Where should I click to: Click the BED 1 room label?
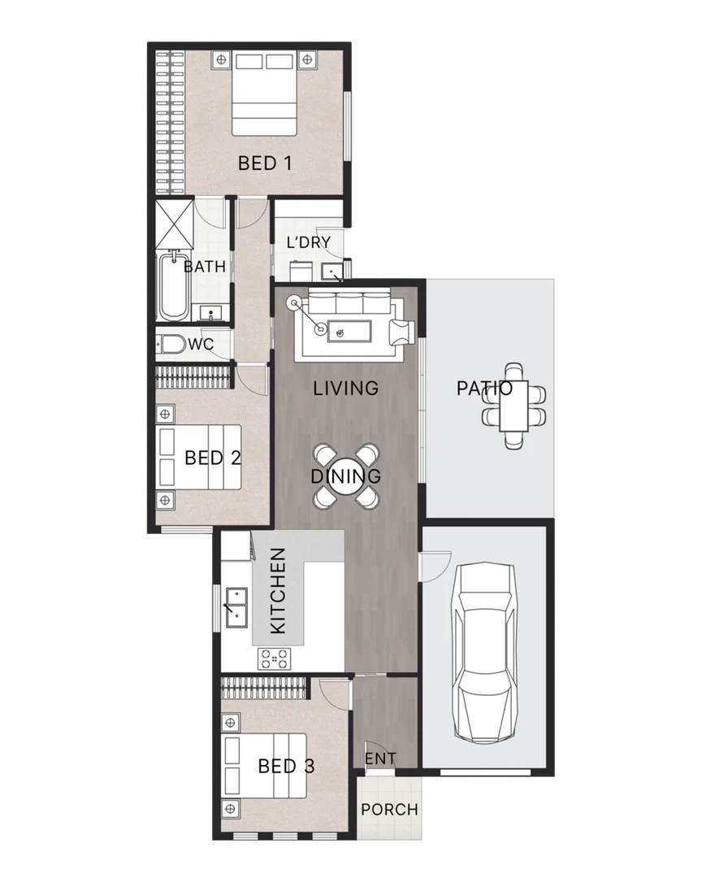coord(265,163)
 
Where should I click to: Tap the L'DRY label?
coord(309,242)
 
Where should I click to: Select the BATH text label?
coord(204,267)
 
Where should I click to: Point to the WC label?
coord(201,345)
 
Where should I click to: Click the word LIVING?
coord(346,389)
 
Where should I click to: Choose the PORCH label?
coord(389,810)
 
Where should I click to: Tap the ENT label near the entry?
coord(380,758)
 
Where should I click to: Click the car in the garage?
coord(486,650)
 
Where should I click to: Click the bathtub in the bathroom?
coord(172,288)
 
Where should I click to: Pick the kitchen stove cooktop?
coord(275,658)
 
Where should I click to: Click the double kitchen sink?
coord(236,606)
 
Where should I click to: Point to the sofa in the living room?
coord(350,309)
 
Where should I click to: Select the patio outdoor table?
coord(513,406)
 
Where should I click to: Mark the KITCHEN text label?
coord(278,591)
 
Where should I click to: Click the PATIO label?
coord(484,388)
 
